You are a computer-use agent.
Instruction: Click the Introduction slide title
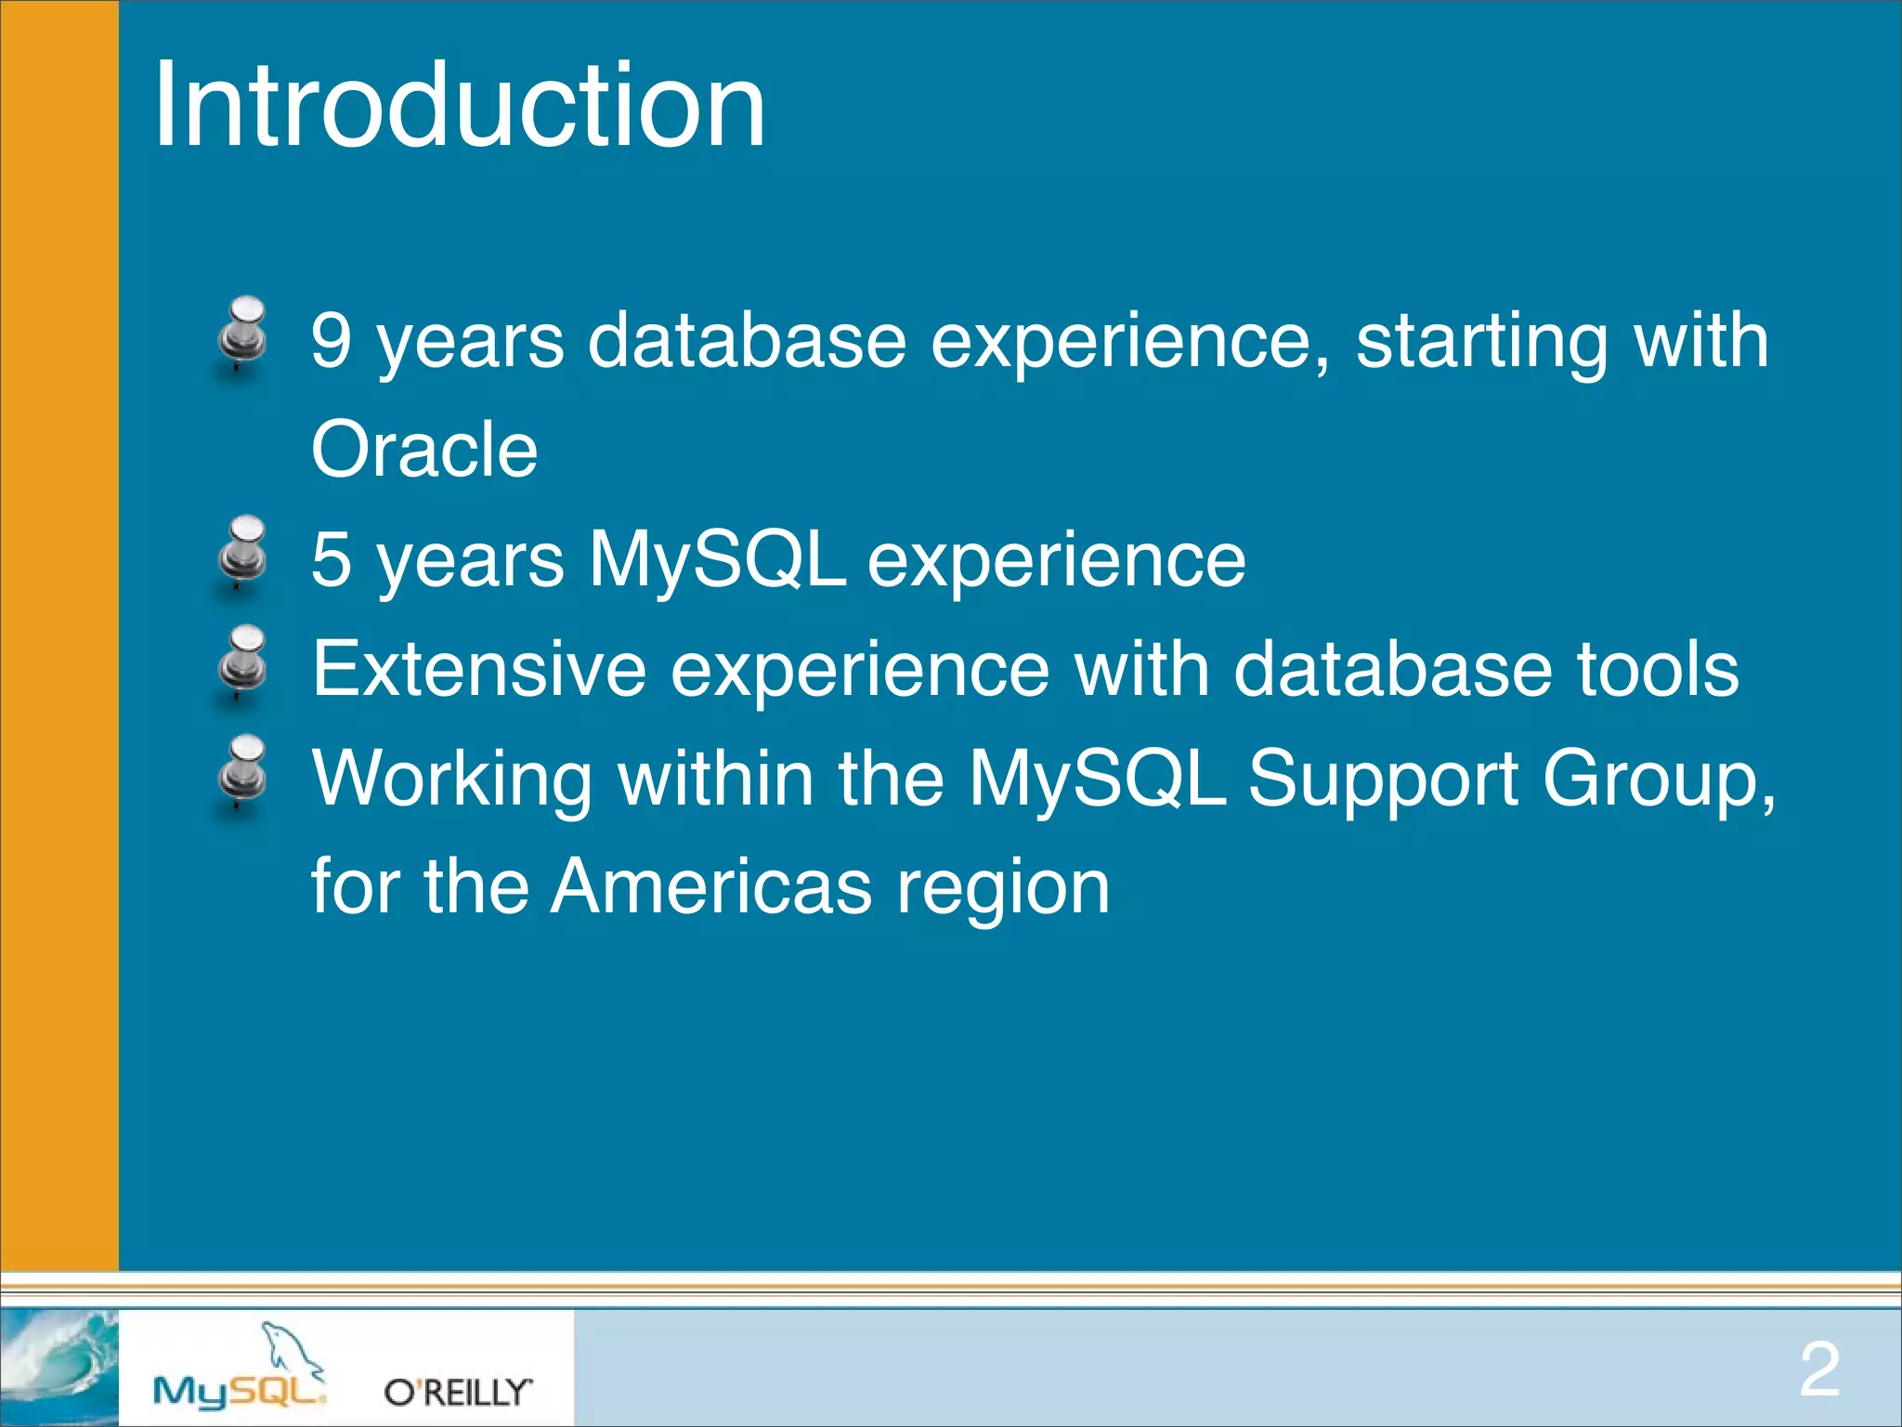(x=460, y=104)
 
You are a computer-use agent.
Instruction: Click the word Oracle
(x=424, y=450)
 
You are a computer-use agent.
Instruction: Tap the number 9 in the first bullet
(x=332, y=340)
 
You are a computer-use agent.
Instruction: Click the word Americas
(x=711, y=886)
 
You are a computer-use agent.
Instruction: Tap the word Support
(x=1382, y=779)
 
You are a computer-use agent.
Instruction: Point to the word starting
(x=1481, y=342)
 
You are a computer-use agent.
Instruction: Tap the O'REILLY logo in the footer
(x=458, y=1392)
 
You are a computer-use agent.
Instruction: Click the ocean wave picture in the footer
(x=59, y=1367)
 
